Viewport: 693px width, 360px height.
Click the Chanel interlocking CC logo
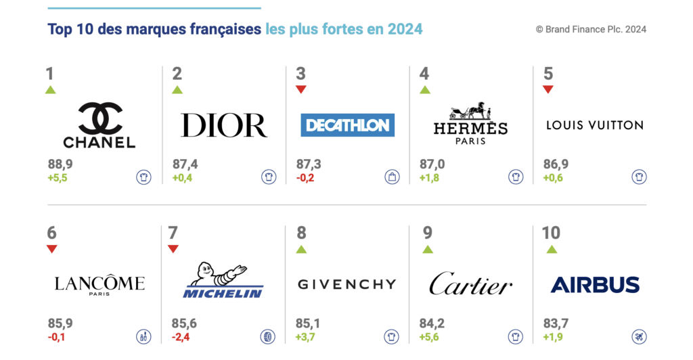pos(99,117)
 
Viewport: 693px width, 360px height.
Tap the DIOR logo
pos(223,125)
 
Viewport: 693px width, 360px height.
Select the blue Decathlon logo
pos(347,125)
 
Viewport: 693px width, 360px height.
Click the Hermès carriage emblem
pos(471,111)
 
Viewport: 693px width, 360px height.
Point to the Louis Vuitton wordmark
pos(594,125)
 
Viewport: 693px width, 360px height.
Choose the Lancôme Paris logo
pos(99,284)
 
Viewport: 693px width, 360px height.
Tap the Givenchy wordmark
pos(346,284)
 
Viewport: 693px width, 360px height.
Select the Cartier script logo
pos(470,284)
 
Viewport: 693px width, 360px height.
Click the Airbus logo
pos(595,284)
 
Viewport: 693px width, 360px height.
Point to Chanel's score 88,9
pos(60,164)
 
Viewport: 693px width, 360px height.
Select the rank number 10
pos(551,233)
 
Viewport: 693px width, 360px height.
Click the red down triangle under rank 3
pos(301,89)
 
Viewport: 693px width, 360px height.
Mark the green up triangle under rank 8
pos(301,249)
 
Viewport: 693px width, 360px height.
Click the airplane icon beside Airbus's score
pos(639,336)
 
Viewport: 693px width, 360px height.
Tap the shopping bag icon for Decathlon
pos(393,177)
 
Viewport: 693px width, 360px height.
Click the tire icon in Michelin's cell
pos(268,336)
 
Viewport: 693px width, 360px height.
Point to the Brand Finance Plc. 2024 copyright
pos(591,29)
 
